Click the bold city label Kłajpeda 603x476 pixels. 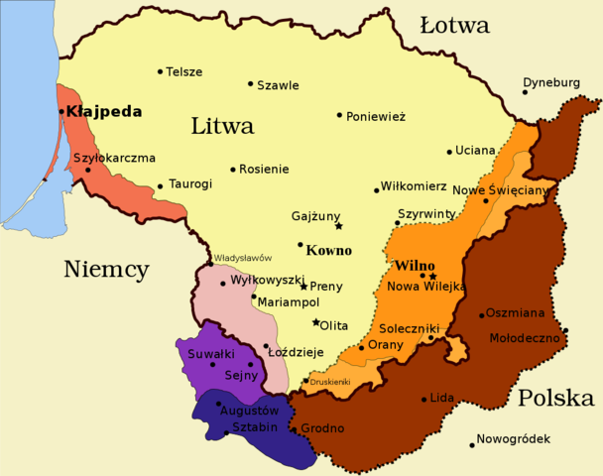click(104, 112)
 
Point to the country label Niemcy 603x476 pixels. click(106, 269)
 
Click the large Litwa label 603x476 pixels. click(222, 127)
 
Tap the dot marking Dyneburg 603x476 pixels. click(525, 92)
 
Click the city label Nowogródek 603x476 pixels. click(514, 438)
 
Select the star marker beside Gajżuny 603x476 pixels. click(338, 226)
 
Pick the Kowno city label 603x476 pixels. click(329, 251)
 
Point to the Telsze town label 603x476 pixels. click(184, 72)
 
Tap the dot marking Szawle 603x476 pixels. click(250, 84)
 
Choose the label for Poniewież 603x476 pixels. click(376, 116)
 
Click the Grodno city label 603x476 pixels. click(322, 428)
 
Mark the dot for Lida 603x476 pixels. click(424, 400)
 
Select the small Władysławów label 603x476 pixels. click(243, 258)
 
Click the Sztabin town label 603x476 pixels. click(256, 426)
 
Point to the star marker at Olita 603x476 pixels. click(315, 322)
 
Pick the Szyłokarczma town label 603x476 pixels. click(114, 158)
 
